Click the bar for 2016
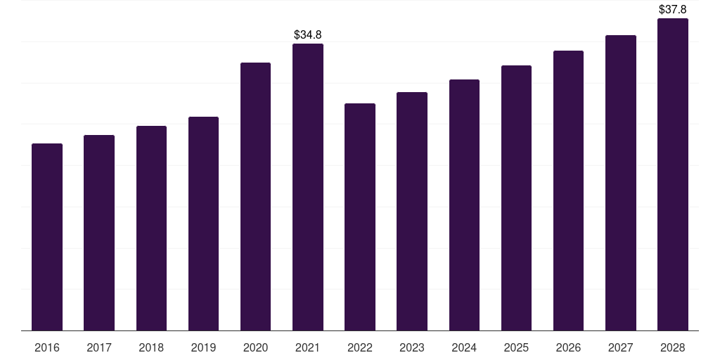point(47,237)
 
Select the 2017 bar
point(99,233)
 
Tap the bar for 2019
point(203,224)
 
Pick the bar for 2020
point(255,197)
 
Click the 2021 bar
point(308,187)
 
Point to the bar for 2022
point(360,217)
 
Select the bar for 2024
point(464,205)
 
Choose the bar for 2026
point(568,191)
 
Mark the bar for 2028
point(673,174)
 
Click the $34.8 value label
point(308,35)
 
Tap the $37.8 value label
point(673,9)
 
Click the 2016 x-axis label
point(47,347)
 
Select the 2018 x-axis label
point(151,347)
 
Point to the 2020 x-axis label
point(255,347)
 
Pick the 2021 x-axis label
point(308,347)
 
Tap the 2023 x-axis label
point(412,347)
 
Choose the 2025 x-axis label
point(516,347)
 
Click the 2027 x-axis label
point(620,347)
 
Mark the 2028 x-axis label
point(673,347)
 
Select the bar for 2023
point(412,211)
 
